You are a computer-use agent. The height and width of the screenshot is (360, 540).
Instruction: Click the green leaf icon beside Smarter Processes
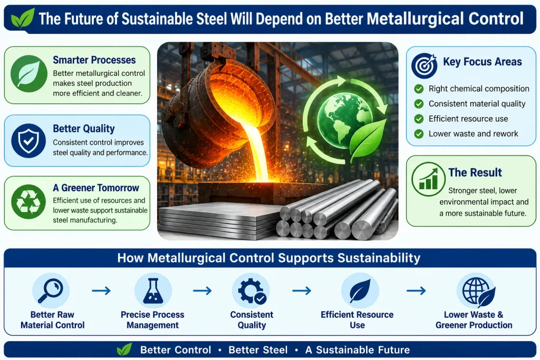coord(28,74)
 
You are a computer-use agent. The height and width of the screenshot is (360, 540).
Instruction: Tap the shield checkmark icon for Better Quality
coord(28,140)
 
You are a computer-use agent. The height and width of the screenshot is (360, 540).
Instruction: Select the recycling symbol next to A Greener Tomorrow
coord(28,202)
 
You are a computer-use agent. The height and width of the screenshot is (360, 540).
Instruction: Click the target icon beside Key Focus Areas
coord(425,66)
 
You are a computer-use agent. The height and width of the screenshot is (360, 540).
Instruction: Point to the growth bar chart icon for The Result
coord(428,179)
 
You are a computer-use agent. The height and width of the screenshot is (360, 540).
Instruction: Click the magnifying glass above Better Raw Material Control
coord(51,290)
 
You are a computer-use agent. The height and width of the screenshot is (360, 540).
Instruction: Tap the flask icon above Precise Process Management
coord(153,291)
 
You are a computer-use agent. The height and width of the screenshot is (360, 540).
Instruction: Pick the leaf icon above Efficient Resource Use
coord(360,291)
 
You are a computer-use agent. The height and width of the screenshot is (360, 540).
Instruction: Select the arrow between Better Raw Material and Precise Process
coord(101,291)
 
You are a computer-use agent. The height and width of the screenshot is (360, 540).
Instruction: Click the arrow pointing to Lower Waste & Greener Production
coord(416,291)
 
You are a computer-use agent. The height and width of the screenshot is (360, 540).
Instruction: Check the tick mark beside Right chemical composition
coord(419,89)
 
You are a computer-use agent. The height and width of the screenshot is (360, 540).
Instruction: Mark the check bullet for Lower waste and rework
coord(419,133)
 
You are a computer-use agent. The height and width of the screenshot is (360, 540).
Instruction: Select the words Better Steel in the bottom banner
coord(258,350)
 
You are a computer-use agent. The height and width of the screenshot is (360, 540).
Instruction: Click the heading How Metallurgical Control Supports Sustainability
coord(269,258)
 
